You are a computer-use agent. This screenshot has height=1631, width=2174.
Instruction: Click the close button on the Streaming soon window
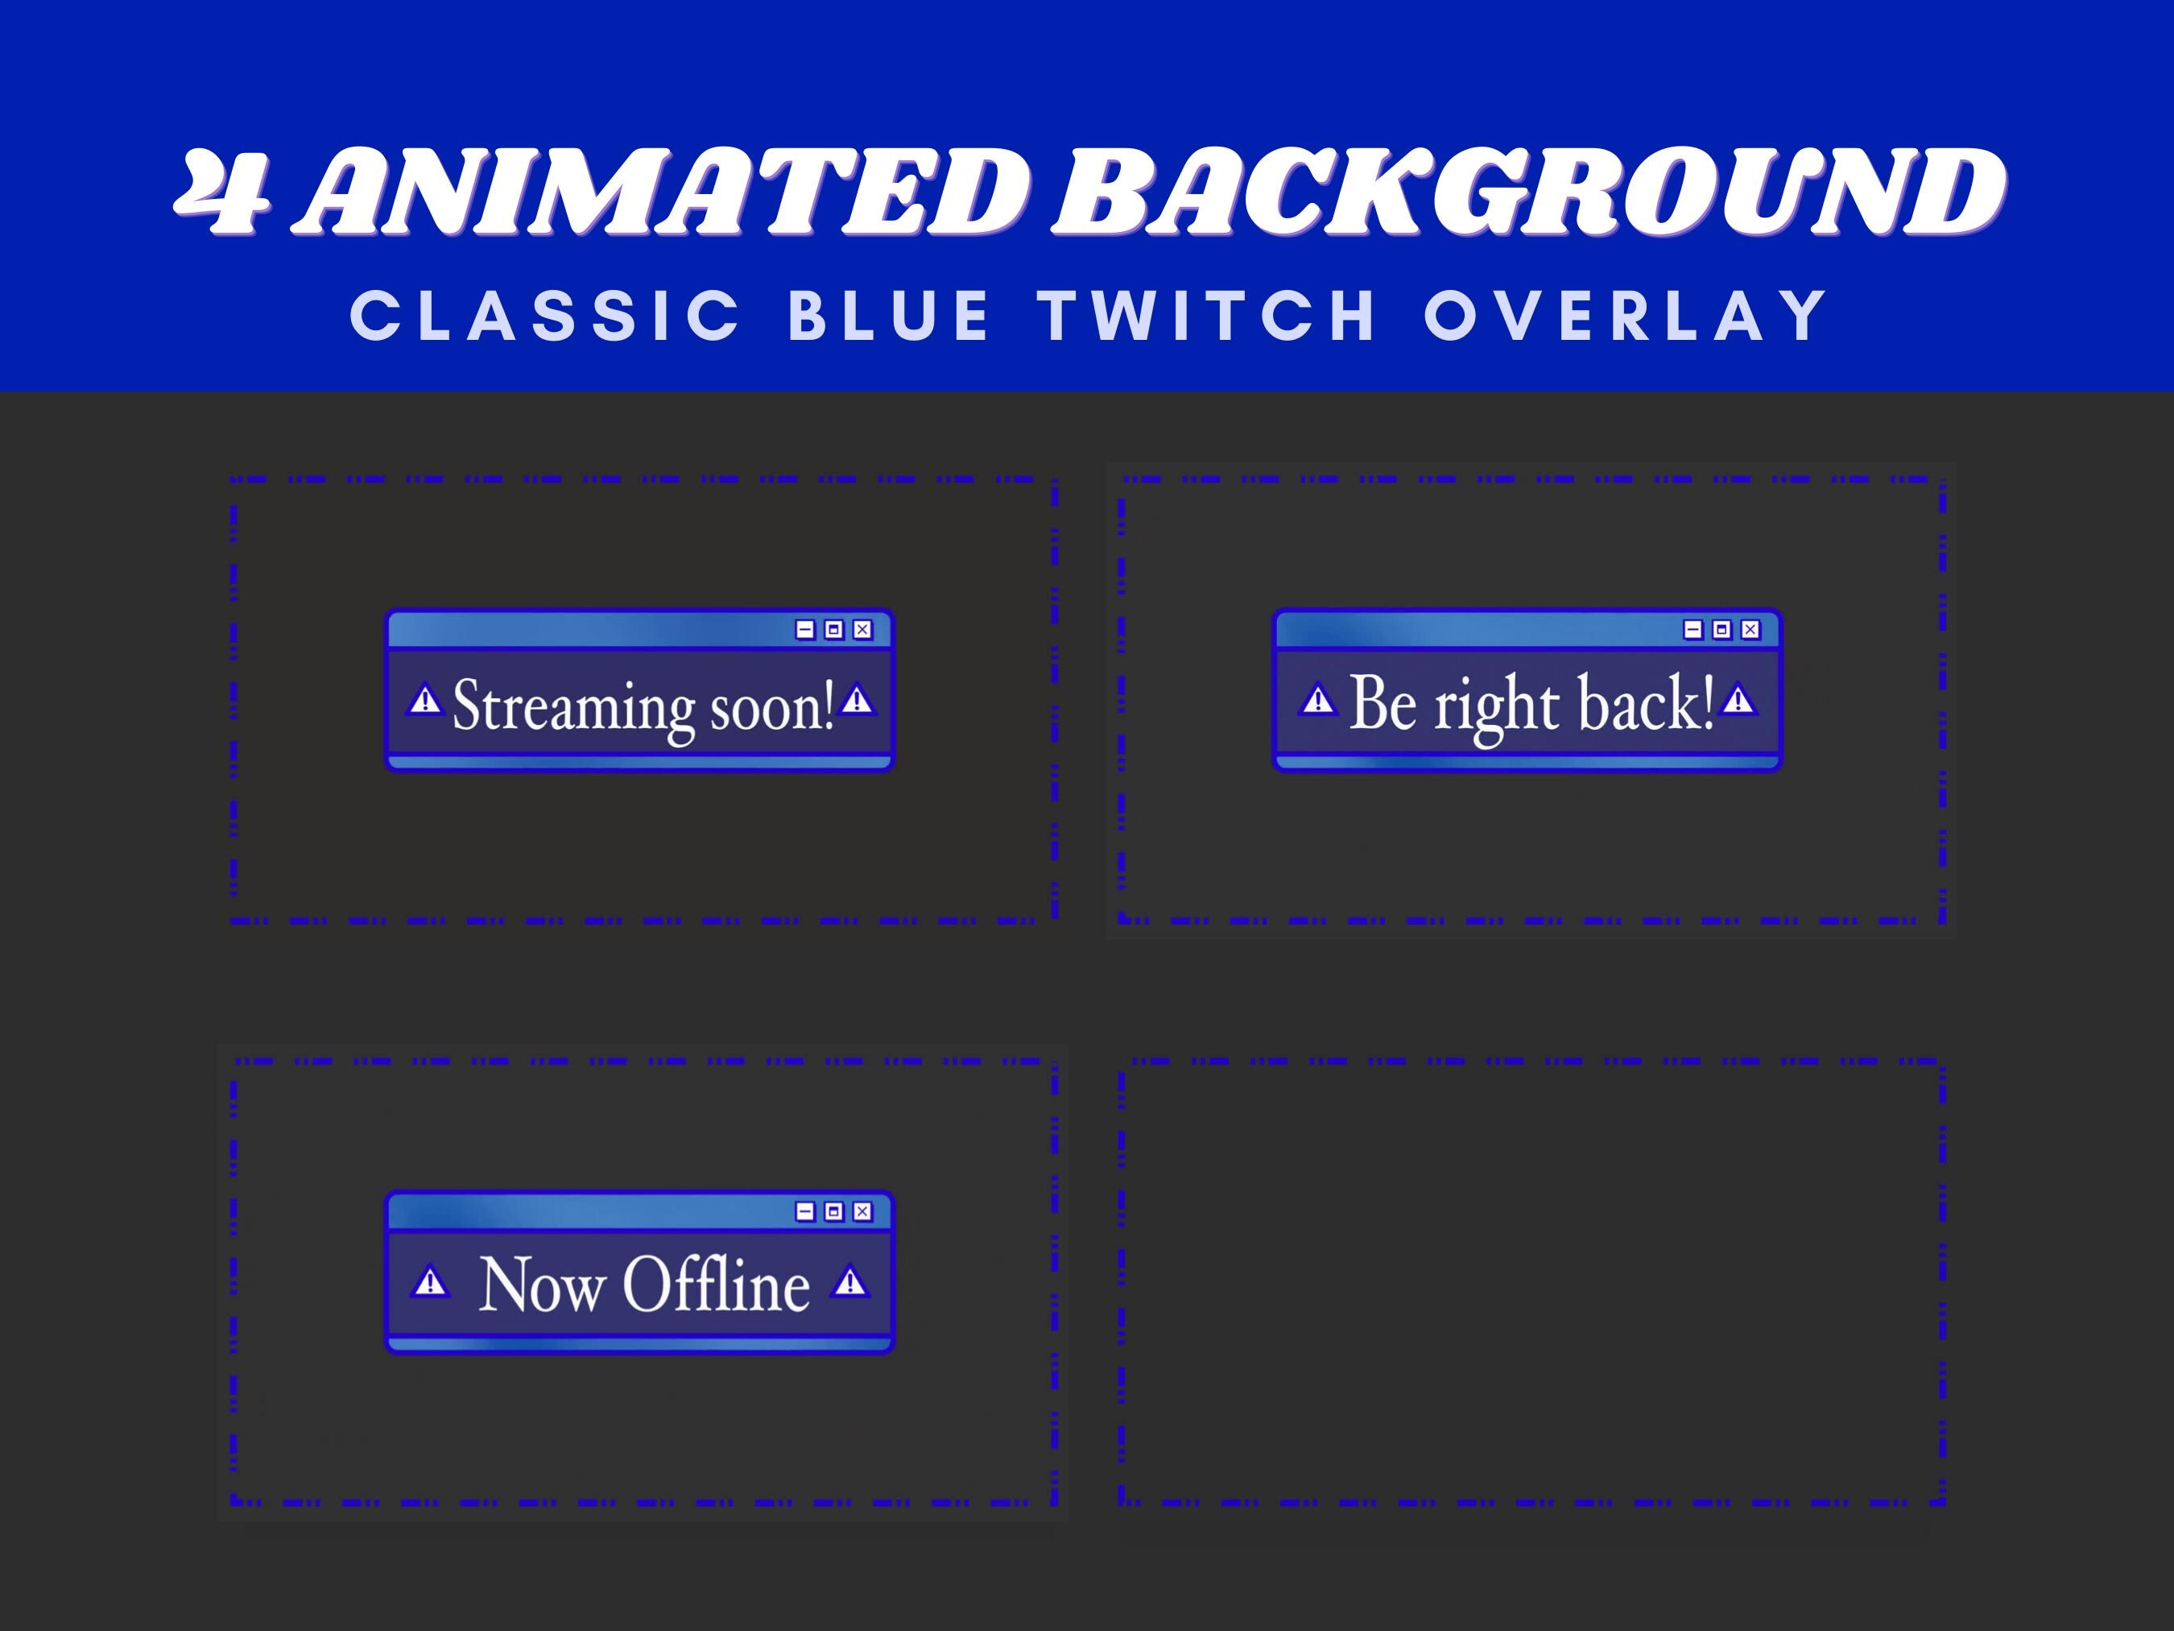pos(862,629)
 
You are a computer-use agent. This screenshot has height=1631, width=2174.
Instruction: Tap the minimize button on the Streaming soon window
pos(805,629)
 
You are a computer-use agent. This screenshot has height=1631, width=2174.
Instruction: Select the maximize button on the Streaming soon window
pos(833,629)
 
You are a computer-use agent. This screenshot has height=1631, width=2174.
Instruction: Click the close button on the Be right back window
pos(1750,629)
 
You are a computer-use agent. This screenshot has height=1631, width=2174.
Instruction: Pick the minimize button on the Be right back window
pos(1692,629)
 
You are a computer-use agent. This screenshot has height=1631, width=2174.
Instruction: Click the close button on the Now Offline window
pos(862,1211)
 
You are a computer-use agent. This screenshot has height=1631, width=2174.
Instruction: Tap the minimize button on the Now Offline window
pos(805,1211)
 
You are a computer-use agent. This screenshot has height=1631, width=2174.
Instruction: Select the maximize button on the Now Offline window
pos(833,1211)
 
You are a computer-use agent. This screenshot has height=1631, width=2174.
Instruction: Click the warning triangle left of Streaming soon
pos(424,701)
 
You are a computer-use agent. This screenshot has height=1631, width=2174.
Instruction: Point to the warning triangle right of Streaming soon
pos(857,700)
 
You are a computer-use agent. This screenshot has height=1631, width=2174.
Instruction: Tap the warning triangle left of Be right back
pos(1317,701)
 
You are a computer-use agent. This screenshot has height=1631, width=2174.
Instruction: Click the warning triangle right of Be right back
pos(1738,700)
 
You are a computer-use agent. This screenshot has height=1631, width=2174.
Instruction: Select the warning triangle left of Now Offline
pos(429,1283)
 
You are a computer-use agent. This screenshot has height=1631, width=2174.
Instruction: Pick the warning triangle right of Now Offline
pos(849,1282)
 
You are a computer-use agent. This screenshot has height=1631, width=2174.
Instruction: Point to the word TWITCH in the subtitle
pos(1208,316)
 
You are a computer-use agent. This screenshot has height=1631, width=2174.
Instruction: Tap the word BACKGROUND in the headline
pos(1528,192)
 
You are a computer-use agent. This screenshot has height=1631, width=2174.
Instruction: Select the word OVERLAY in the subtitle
pos(1626,316)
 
